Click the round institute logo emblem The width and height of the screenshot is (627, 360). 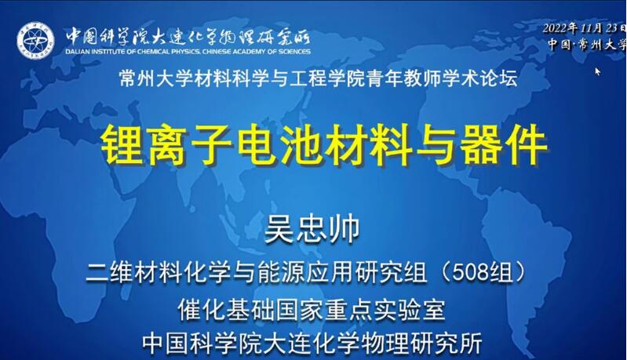[35, 40]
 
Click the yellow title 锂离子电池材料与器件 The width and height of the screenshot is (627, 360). [324, 144]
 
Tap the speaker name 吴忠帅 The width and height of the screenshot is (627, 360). [312, 229]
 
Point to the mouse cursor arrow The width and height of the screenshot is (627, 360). [598, 71]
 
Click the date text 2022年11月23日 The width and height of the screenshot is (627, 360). [584, 29]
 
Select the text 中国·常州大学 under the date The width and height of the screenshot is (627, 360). [587, 44]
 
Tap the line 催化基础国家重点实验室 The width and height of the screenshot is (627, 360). [312, 309]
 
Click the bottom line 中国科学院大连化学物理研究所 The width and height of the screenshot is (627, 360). [312, 343]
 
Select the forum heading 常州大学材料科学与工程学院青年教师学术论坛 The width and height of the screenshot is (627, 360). [319, 78]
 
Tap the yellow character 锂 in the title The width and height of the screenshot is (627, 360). [122, 144]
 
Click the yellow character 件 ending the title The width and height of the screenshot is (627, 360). [527, 144]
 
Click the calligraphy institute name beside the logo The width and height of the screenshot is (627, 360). [188, 37]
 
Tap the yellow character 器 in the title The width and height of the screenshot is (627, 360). [481, 144]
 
